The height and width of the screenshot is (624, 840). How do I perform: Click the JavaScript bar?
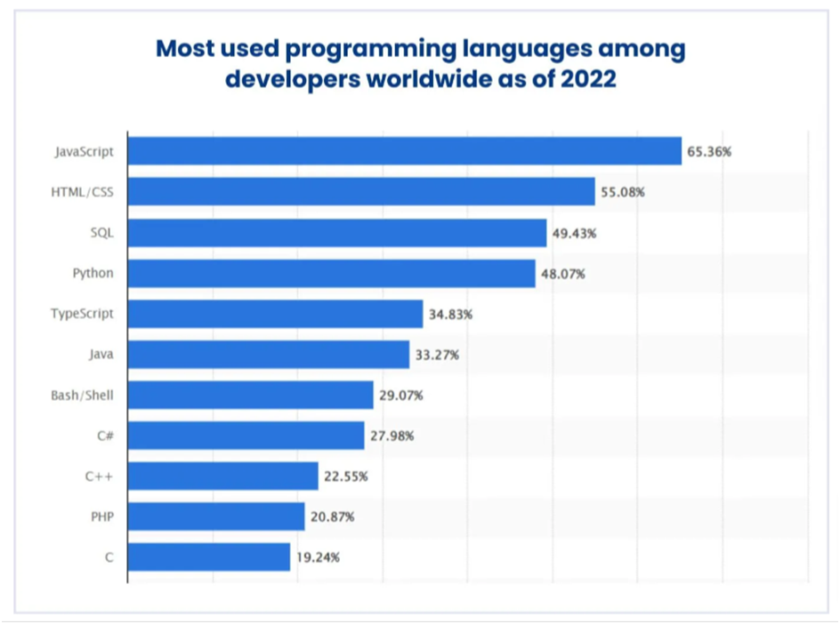(x=405, y=151)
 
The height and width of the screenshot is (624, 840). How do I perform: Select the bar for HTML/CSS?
(x=361, y=192)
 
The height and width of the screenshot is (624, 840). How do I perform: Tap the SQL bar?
(x=337, y=233)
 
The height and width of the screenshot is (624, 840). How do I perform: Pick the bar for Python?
(x=332, y=274)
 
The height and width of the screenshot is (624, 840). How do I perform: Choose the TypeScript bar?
(x=276, y=314)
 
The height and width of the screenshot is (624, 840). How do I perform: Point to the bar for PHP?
(x=216, y=517)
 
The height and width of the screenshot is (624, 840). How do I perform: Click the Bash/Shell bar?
(x=251, y=395)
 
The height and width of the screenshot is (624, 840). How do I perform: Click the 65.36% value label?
(x=709, y=152)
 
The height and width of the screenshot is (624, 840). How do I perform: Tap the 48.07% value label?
(x=562, y=274)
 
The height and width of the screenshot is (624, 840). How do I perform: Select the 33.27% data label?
(x=437, y=356)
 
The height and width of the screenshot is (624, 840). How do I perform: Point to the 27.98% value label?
(x=392, y=436)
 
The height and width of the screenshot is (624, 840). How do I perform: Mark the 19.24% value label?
(x=318, y=558)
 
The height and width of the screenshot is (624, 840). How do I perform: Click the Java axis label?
(x=101, y=355)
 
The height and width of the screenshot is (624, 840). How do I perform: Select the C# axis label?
(x=105, y=436)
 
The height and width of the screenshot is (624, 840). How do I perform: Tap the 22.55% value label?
(x=345, y=476)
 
